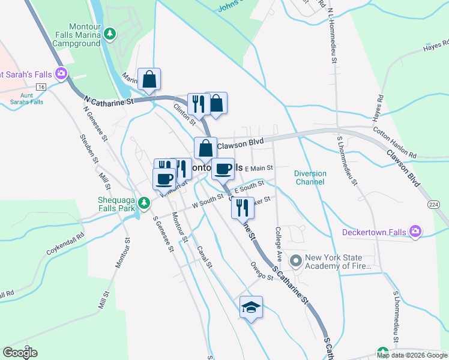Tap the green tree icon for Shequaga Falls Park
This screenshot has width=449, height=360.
pyautogui.click(x=143, y=203)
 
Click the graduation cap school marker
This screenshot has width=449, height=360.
pyautogui.click(x=252, y=307)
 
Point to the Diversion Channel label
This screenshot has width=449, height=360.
pyautogui.click(x=310, y=178)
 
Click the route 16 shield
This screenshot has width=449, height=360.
pyautogui.click(x=41, y=87)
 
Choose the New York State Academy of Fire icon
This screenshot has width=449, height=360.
pyautogui.click(x=295, y=260)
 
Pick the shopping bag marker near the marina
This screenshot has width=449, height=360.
pyautogui.click(x=148, y=79)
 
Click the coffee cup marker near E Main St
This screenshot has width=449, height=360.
pyautogui.click(x=223, y=169)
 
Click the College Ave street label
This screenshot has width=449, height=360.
pyautogui.click(x=279, y=243)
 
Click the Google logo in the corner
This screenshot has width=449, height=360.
pyautogui.click(x=20, y=352)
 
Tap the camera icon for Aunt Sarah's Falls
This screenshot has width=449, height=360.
pyautogui.click(x=61, y=74)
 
